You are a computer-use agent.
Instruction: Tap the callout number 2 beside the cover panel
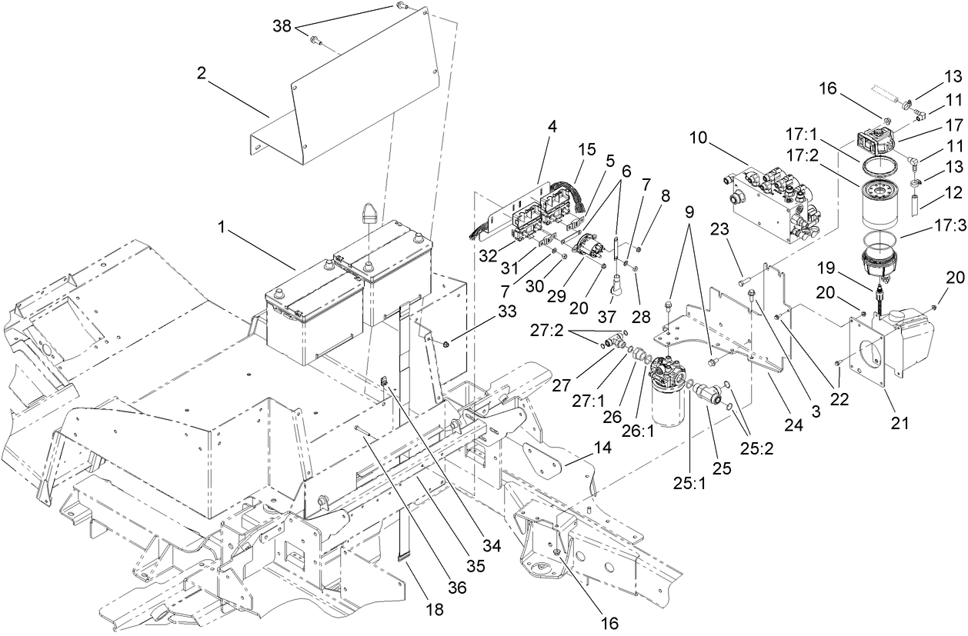pos(202,74)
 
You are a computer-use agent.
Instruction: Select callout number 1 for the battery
pos(223,229)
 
